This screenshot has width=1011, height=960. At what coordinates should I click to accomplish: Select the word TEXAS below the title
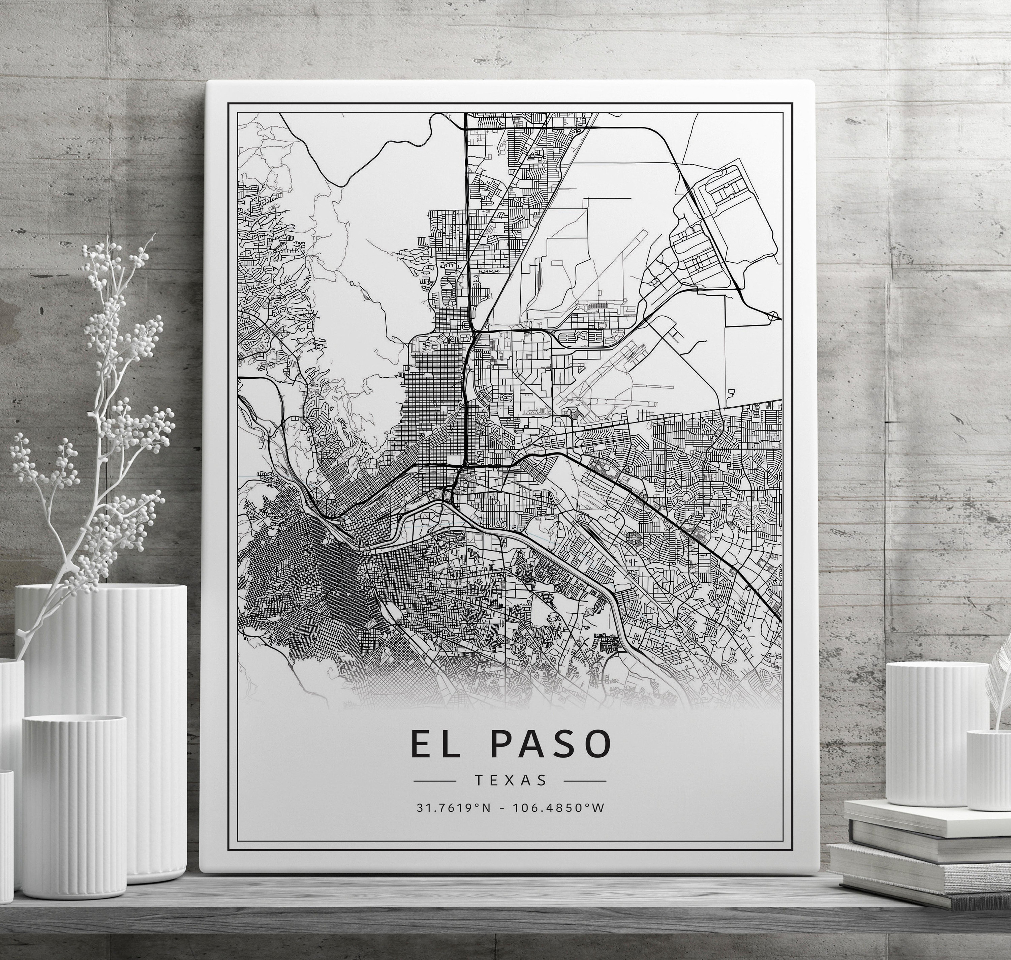point(510,780)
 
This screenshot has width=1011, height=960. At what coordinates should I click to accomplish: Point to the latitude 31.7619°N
point(454,808)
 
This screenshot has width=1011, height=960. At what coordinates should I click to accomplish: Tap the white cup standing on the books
point(937,737)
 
